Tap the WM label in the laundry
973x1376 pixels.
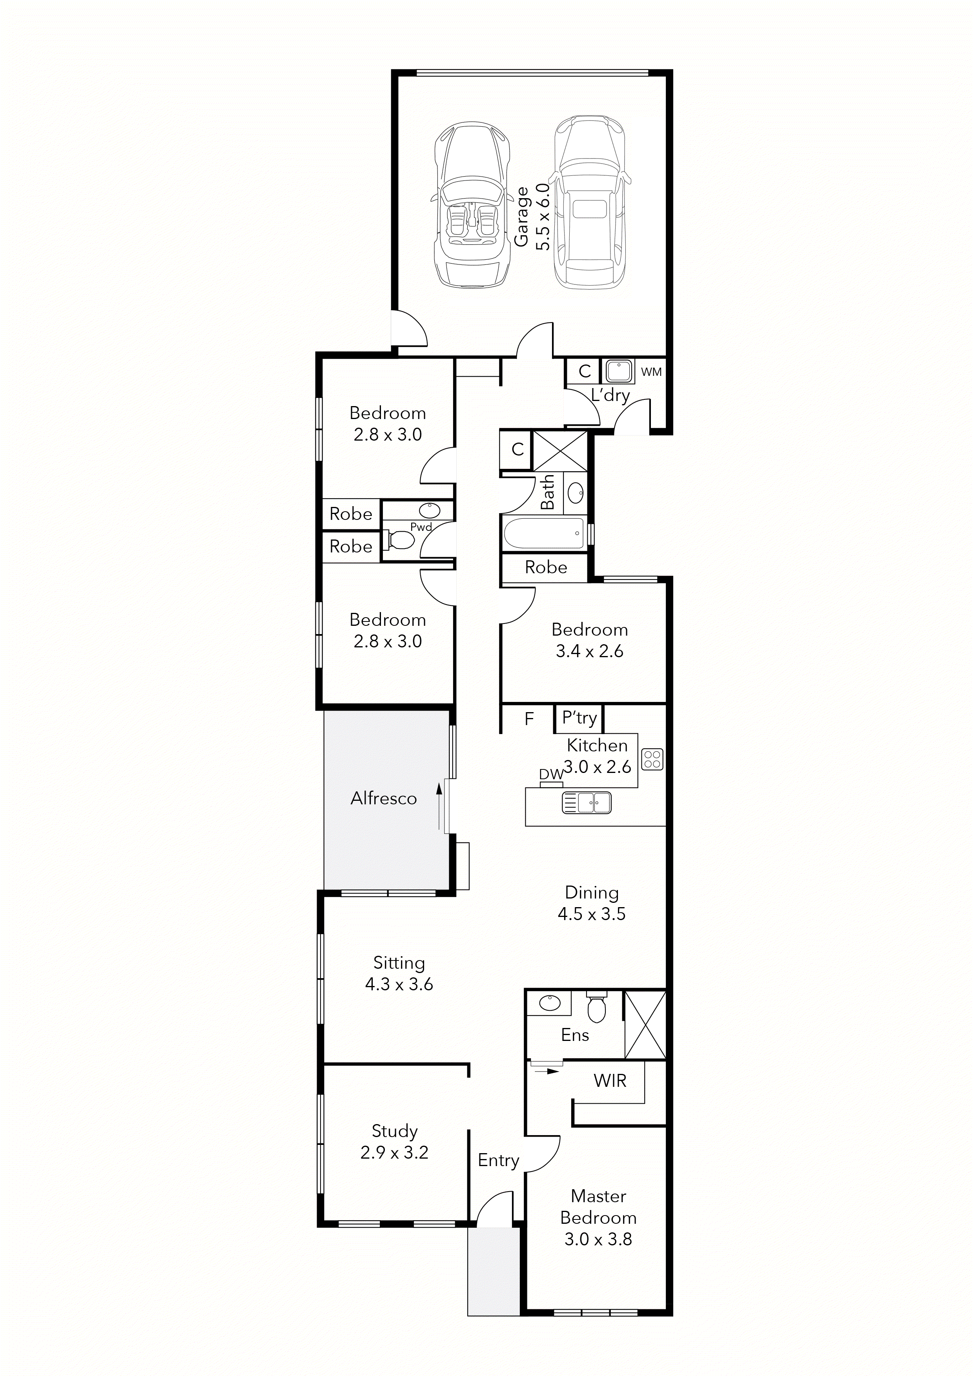click(x=651, y=372)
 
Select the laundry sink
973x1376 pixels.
click(x=618, y=371)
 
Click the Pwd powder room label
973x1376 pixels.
click(x=421, y=527)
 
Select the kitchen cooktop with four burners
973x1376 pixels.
click(x=652, y=759)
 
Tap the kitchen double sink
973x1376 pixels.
click(x=587, y=802)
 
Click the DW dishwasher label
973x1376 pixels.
click(x=550, y=774)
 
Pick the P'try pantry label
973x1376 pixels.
click(x=579, y=718)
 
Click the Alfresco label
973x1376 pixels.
click(x=383, y=798)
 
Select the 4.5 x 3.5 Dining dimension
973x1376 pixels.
click(x=591, y=914)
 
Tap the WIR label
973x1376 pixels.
click(x=610, y=1081)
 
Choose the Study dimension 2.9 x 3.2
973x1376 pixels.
click(x=394, y=1152)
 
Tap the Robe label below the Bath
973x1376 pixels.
click(x=546, y=567)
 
